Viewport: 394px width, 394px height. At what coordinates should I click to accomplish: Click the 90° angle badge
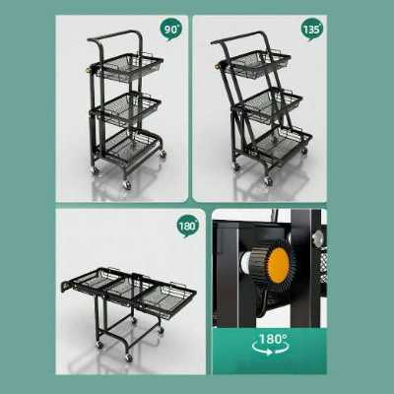pyautogui.click(x=170, y=30)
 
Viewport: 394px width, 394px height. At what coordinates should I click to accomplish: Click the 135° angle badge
pyautogui.click(x=311, y=30)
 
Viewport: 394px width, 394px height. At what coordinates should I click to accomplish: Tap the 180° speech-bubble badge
pyautogui.click(x=188, y=227)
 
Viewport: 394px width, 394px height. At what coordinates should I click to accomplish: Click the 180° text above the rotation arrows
pyautogui.click(x=273, y=339)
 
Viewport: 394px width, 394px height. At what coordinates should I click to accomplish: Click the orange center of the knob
pyautogui.click(x=279, y=265)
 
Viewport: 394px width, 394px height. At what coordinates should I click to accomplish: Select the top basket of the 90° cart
pyautogui.click(x=131, y=67)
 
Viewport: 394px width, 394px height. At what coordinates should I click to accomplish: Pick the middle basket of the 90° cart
pyautogui.click(x=129, y=106)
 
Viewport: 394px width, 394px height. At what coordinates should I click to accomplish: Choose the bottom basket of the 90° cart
pyautogui.click(x=131, y=146)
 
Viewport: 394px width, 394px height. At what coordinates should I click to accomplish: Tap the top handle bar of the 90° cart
pyautogui.click(x=113, y=35)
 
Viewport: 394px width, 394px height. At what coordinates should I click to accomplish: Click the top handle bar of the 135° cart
pyautogui.click(x=239, y=36)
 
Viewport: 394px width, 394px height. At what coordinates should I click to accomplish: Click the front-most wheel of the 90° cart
pyautogui.click(x=127, y=185)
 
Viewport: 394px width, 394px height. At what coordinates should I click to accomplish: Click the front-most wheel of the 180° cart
pyautogui.click(x=129, y=358)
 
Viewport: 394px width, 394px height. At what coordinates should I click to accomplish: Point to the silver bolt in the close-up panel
pyautogui.click(x=318, y=236)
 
